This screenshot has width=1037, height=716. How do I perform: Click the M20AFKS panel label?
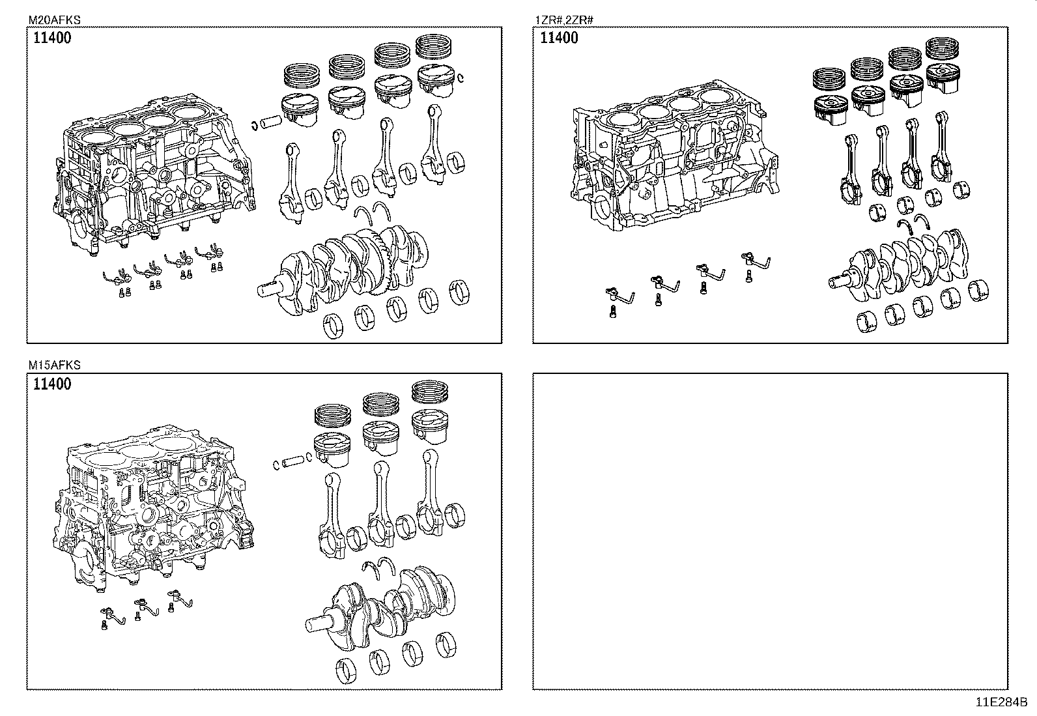[x=54, y=20]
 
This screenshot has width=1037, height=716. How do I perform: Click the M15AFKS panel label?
[x=54, y=366]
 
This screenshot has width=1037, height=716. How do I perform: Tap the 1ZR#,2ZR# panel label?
[x=564, y=20]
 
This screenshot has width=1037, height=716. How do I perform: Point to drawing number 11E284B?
[x=1001, y=702]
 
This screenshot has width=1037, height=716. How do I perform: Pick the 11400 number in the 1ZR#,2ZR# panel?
[x=559, y=38]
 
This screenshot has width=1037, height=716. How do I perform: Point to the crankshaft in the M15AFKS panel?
[x=384, y=603]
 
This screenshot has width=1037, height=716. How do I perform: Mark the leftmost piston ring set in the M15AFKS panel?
[x=333, y=416]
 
